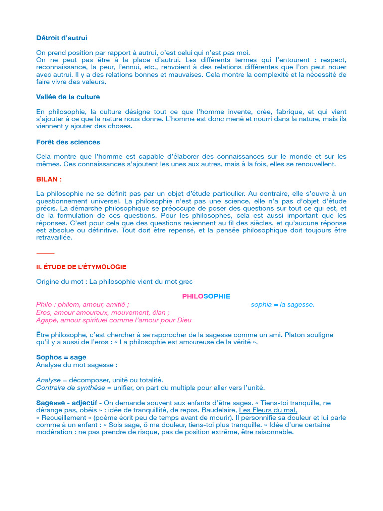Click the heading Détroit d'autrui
[62, 38]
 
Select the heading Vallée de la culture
[68, 97]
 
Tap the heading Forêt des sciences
[68, 142]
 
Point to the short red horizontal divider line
[45, 253]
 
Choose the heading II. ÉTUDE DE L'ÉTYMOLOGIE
[81, 267]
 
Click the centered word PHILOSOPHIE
[206, 296]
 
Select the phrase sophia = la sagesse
[283, 304]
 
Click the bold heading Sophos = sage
[61, 357]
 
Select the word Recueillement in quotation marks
[65, 417]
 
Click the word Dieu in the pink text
[184, 320]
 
